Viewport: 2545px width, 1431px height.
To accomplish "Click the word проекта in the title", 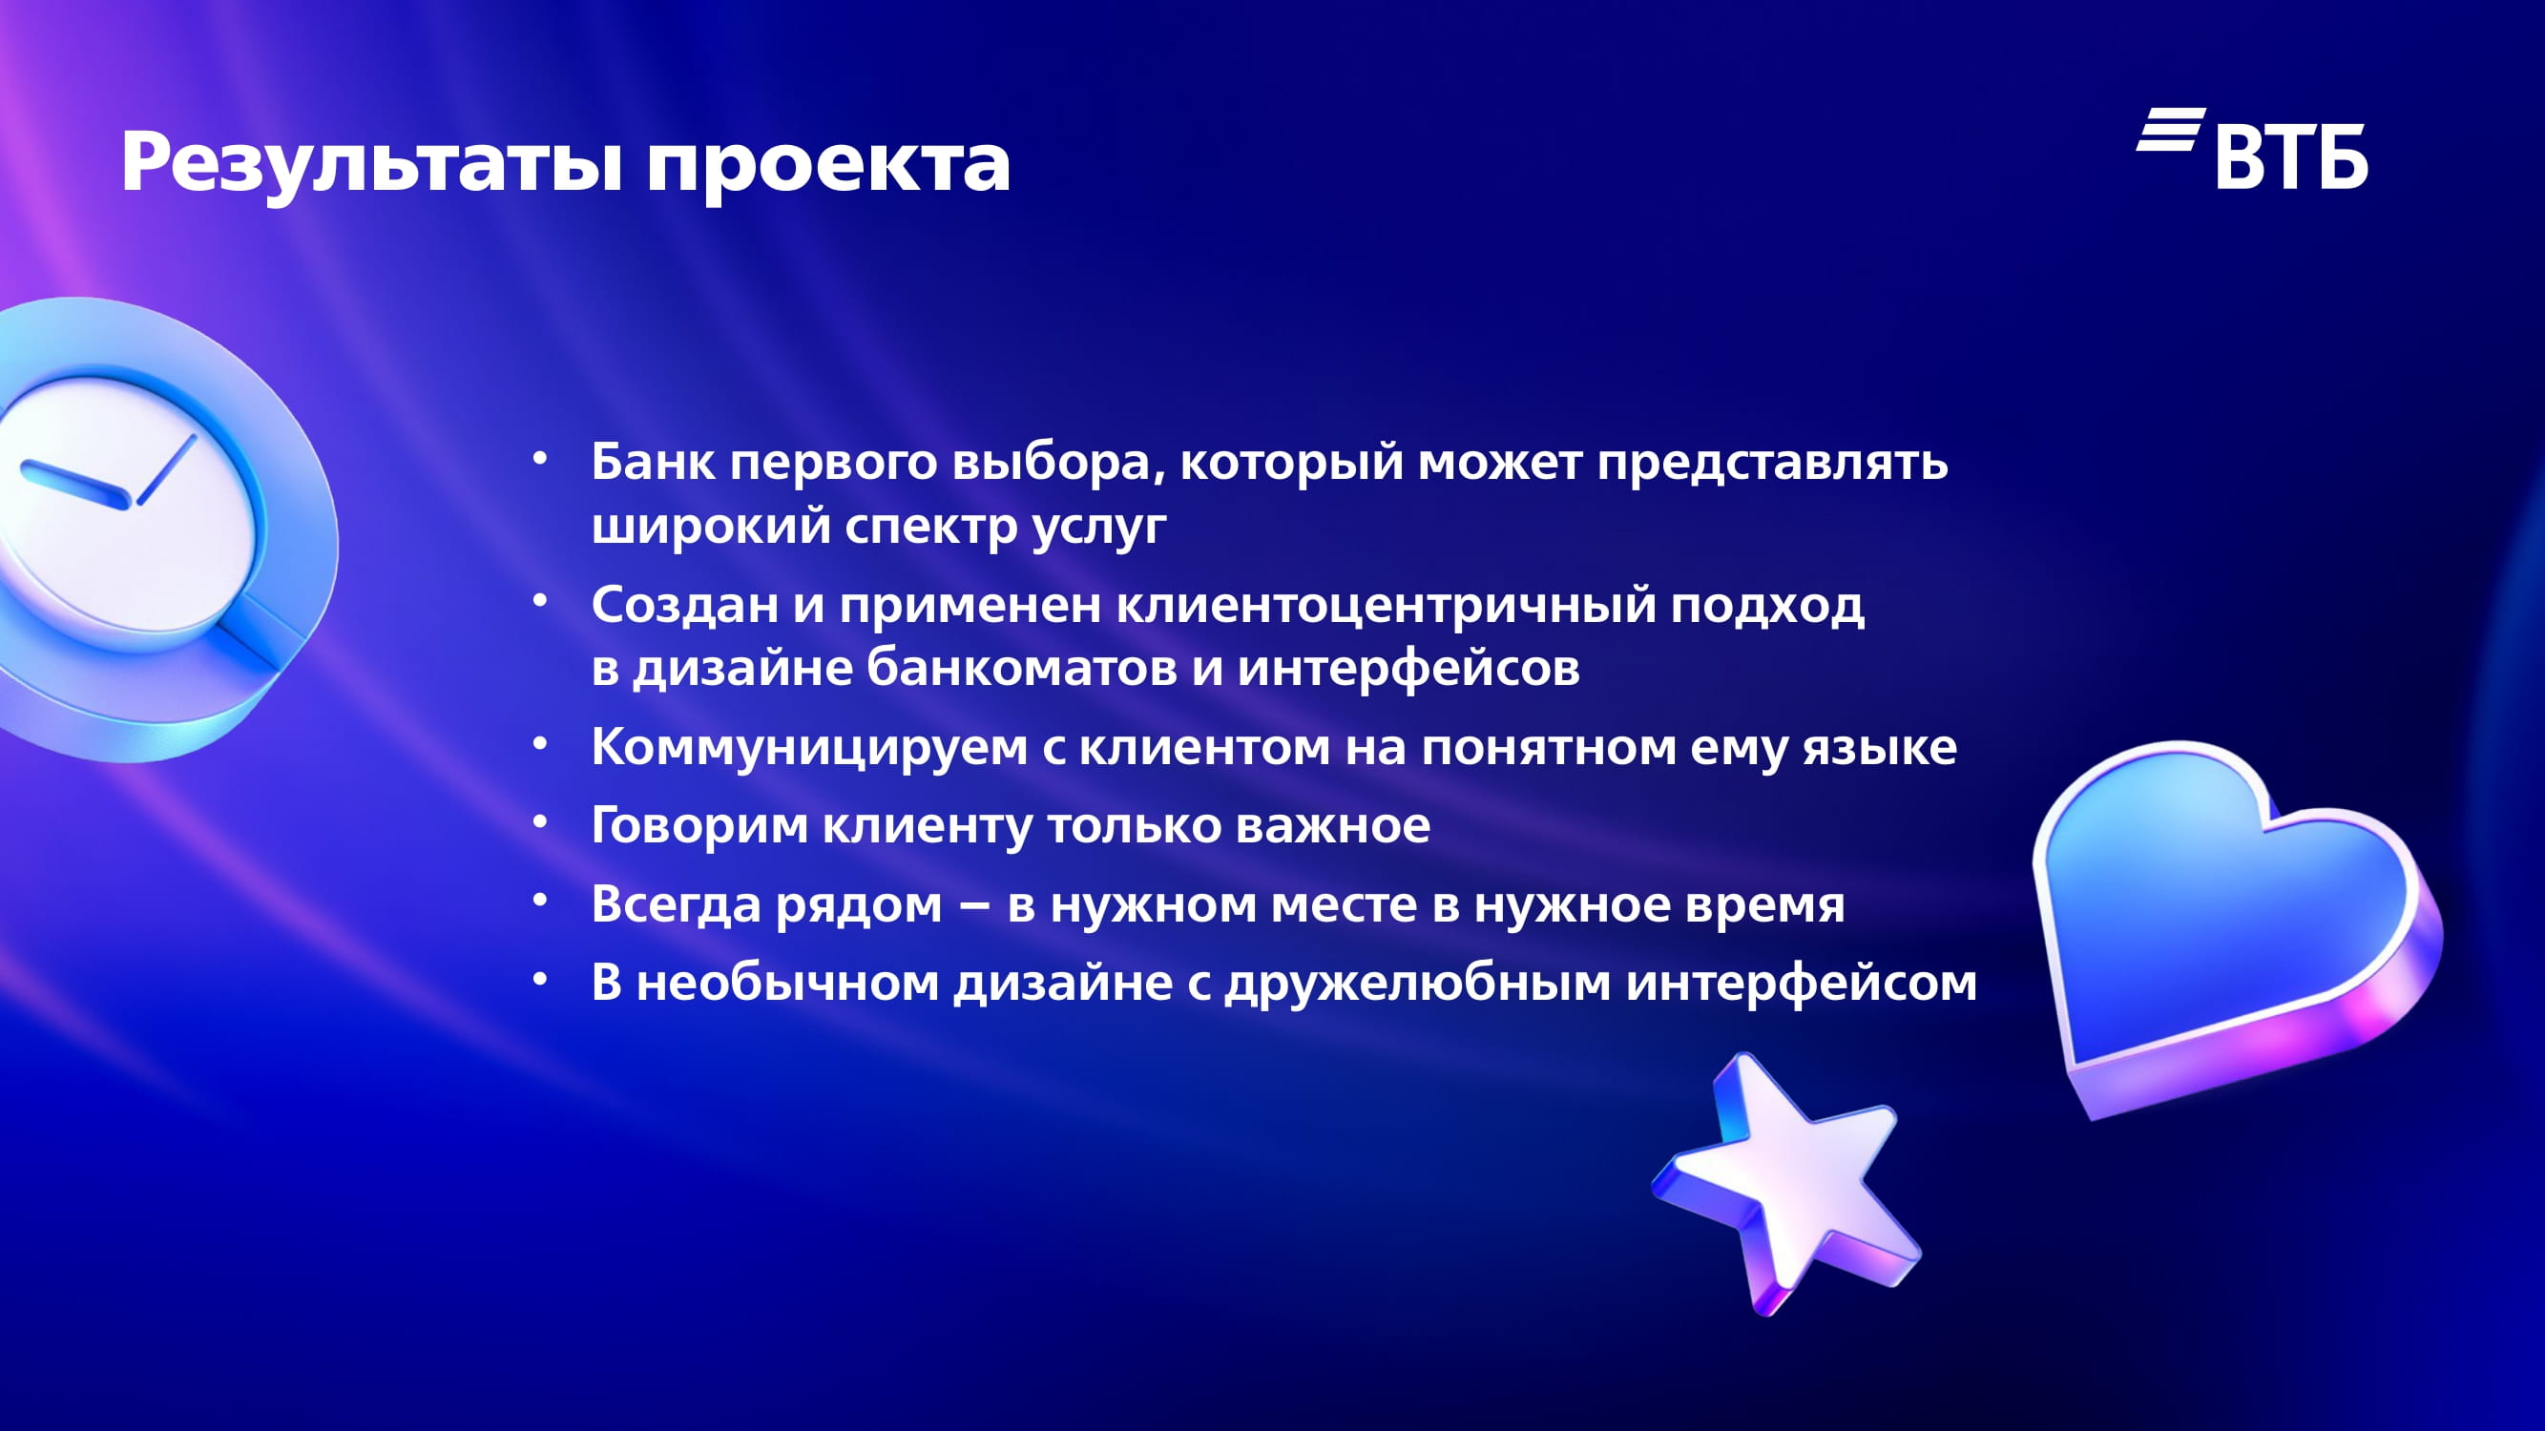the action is click(828, 165).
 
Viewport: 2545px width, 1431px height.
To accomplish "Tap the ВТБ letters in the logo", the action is click(2291, 156).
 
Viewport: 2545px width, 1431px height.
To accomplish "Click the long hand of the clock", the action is click(75, 485).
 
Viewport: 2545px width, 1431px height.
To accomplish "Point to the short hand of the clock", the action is click(166, 470).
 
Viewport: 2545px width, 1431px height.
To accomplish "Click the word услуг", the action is click(1099, 528).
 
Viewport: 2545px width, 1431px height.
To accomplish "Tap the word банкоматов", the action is click(1022, 668).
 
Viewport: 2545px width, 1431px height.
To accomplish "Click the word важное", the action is click(1333, 825).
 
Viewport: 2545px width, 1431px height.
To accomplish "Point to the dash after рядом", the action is click(974, 905).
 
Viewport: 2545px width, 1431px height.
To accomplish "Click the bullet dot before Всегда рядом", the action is click(539, 900).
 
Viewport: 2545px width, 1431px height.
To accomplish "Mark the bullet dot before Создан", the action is click(539, 599).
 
